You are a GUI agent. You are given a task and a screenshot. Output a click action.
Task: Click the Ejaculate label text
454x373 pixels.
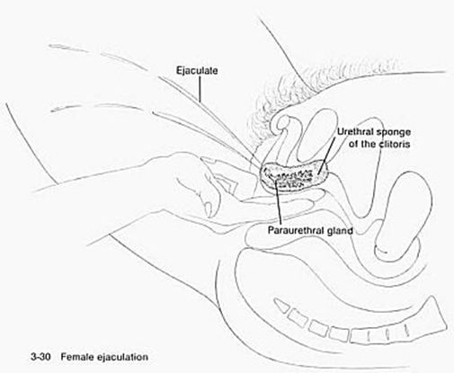click(197, 71)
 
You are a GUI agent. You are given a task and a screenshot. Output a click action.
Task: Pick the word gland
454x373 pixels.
click(339, 231)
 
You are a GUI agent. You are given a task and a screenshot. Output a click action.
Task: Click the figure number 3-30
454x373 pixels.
click(41, 357)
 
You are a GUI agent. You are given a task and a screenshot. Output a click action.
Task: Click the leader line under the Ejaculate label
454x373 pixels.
click(200, 88)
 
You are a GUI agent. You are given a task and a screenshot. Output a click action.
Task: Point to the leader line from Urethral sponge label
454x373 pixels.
click(326, 155)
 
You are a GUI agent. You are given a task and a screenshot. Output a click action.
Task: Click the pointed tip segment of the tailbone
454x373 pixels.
click(281, 306)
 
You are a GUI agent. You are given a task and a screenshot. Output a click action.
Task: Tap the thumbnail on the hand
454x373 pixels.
click(207, 206)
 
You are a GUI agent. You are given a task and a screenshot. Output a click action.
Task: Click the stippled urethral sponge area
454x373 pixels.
click(295, 177)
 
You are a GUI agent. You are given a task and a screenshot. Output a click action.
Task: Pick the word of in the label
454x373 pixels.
click(353, 144)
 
